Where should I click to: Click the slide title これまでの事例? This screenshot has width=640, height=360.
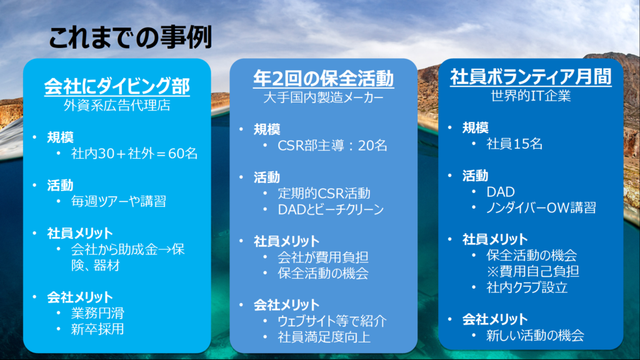click(x=130, y=37)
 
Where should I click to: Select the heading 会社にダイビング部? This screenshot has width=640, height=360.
click(x=117, y=86)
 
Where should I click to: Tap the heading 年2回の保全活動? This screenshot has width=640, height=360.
click(x=323, y=78)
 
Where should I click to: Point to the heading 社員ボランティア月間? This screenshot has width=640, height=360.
click(x=531, y=77)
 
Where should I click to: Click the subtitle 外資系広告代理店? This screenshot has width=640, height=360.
click(x=117, y=105)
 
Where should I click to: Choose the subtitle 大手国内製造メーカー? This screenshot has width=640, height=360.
click(x=323, y=97)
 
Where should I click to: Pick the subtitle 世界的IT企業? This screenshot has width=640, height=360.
click(x=531, y=96)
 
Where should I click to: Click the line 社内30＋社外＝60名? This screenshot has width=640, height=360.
click(x=134, y=154)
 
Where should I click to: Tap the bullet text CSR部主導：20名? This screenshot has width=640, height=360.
click(x=332, y=145)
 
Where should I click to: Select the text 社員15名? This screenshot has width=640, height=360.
click(x=514, y=144)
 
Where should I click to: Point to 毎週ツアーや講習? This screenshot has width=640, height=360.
click(x=118, y=201)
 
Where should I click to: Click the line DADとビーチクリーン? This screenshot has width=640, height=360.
click(x=331, y=209)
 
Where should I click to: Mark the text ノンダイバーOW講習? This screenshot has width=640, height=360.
click(x=541, y=207)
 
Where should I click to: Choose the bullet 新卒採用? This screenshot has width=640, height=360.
click(x=97, y=329)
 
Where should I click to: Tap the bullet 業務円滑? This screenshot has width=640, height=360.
click(x=97, y=313)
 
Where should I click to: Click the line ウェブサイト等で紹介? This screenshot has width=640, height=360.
click(x=332, y=321)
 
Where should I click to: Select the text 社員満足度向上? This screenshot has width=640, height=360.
click(x=324, y=337)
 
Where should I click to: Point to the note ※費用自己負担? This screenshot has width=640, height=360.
click(x=532, y=271)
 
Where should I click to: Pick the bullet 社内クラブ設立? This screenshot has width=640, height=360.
click(x=527, y=287)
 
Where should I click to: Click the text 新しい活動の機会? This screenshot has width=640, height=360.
click(x=535, y=336)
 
